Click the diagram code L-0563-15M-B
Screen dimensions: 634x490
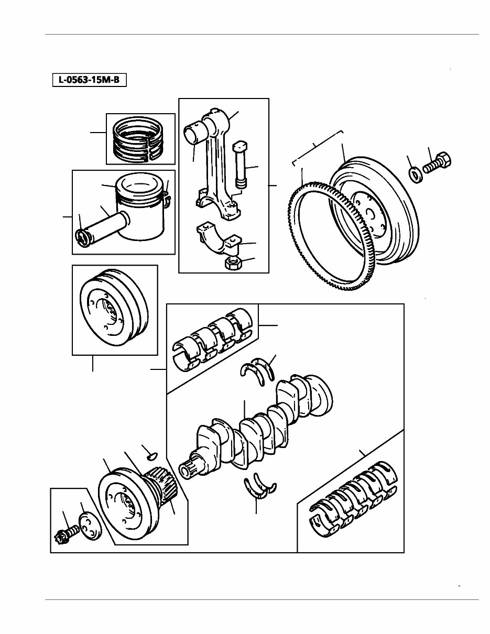click(89, 80)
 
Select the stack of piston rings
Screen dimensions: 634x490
click(140, 139)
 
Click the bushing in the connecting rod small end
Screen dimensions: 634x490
click(194, 132)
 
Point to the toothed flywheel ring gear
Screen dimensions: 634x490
click(309, 241)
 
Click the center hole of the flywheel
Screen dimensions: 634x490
click(369, 212)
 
